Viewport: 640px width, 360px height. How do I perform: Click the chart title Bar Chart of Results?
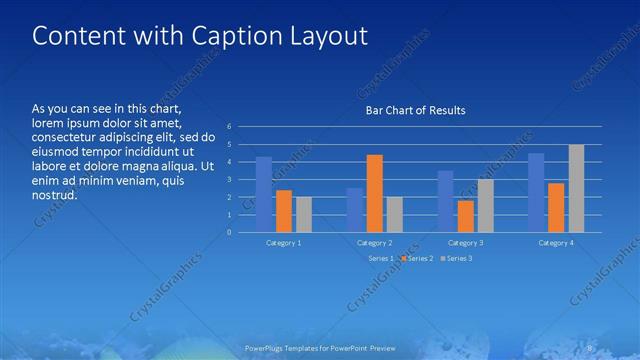pos(414,110)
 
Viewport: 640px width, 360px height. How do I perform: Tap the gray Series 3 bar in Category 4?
pos(576,188)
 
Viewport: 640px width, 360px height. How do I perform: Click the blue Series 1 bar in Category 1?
pos(264,194)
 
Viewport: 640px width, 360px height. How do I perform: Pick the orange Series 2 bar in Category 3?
pos(465,216)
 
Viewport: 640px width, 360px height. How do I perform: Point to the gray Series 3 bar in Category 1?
pos(304,214)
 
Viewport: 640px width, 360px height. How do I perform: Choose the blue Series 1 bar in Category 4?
pos(536,192)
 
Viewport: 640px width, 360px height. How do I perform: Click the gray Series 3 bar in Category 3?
pos(485,205)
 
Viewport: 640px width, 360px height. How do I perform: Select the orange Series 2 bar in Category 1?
pos(284,211)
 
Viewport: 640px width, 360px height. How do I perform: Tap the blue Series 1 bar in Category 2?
pos(355,210)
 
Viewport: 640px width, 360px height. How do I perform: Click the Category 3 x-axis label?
pos(465,243)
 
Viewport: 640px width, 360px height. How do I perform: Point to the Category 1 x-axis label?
pos(284,243)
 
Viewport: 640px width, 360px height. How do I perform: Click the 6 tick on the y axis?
pos(230,127)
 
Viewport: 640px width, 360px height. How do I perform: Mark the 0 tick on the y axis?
pos(230,232)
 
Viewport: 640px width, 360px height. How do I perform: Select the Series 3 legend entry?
pos(457,258)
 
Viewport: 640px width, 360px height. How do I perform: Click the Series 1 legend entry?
pos(379,258)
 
